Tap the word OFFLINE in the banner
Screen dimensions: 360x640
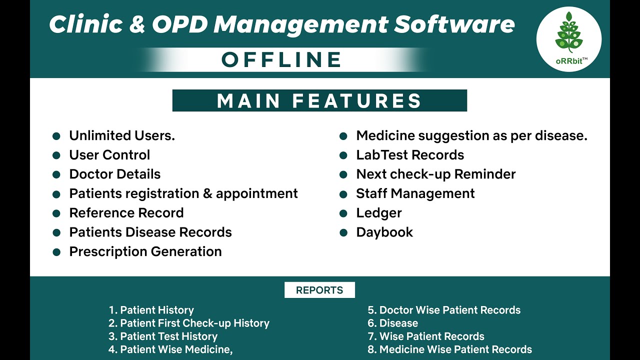point(282,60)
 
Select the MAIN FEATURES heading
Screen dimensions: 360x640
point(319,100)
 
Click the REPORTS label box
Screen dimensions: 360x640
point(319,290)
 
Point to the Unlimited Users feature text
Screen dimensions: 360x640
point(122,135)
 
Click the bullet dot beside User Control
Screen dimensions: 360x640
point(56,155)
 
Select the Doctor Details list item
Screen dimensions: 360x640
point(115,174)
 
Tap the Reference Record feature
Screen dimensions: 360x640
point(126,213)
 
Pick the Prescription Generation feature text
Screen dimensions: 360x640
point(145,251)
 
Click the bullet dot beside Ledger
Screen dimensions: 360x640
point(343,213)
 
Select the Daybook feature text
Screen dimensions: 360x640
point(384,232)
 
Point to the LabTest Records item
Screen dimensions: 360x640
point(410,155)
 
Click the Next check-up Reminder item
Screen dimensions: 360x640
point(435,174)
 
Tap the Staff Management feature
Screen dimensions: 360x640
point(415,193)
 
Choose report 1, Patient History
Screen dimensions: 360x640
point(151,310)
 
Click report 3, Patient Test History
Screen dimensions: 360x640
point(163,336)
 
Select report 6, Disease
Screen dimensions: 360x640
point(393,323)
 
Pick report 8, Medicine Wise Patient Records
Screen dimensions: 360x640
point(450,349)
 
